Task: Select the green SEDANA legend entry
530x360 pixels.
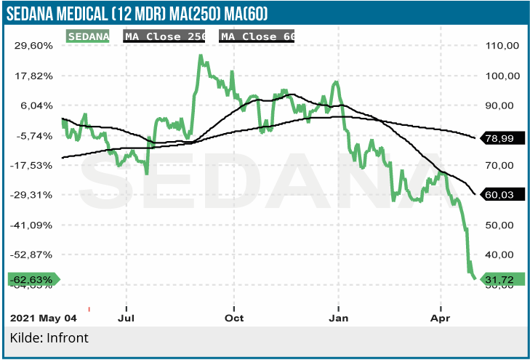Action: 88,36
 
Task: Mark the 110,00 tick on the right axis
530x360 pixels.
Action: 502,45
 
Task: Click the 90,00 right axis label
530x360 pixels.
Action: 502,105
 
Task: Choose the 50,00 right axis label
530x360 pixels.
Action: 502,225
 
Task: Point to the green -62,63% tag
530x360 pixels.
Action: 31,279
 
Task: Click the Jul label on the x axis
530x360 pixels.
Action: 127,318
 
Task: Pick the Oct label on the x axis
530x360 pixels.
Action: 234,318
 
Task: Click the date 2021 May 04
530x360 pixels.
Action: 43,318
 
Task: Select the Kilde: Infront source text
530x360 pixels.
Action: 49,338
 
